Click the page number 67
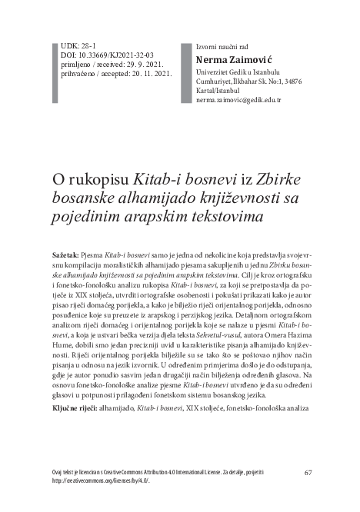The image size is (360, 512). [x=308, y=472]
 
